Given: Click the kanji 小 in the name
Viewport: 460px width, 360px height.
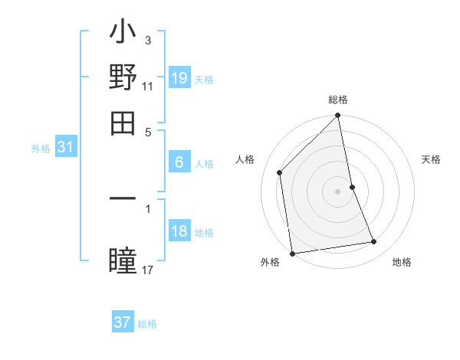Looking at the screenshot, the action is (123, 35).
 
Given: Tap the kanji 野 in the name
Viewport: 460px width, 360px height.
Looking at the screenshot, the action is (123, 79).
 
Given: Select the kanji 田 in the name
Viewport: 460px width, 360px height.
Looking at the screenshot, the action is (123, 122).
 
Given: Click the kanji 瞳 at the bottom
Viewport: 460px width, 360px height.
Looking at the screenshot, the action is (123, 261).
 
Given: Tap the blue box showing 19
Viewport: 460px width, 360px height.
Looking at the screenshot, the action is (179, 78).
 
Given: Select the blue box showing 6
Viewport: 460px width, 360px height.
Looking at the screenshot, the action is (179, 162).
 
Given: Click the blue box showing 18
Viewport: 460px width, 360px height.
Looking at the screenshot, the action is (179, 231).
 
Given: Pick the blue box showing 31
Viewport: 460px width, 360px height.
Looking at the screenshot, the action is (65, 148).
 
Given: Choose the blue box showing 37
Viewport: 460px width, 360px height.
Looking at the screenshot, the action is (123, 322).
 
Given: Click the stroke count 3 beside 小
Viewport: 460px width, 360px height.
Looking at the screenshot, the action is (147, 40).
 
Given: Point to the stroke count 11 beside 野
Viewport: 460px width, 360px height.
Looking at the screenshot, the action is (148, 86).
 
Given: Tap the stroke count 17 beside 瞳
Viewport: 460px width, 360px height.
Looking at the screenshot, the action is (148, 270).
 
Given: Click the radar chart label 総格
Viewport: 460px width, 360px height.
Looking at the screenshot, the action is (338, 100).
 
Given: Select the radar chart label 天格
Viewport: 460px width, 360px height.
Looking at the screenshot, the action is (431, 159).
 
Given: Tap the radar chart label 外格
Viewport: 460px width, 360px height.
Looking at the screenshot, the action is (270, 262).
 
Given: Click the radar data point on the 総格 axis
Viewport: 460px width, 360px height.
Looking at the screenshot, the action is (338, 116).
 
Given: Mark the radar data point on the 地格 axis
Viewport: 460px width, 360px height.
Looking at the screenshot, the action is (374, 242).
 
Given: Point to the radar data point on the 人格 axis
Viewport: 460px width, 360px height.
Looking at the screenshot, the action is (280, 172).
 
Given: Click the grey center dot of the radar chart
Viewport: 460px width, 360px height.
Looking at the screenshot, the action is (338, 191).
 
